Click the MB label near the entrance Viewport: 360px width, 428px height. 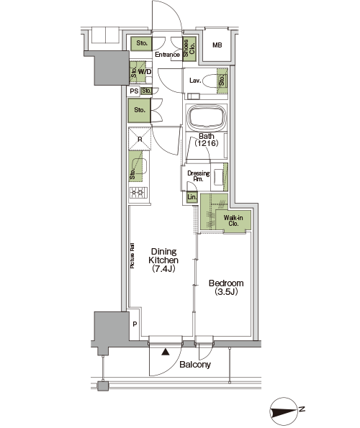pyautogui.click(x=217, y=45)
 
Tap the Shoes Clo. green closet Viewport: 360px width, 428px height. pyautogui.click(x=189, y=49)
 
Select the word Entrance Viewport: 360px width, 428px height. pyautogui.click(x=167, y=55)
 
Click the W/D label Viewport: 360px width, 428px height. pyautogui.click(x=145, y=72)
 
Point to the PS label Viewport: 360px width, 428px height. pyautogui.click(x=134, y=91)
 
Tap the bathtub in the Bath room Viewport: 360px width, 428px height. pyautogui.click(x=207, y=118)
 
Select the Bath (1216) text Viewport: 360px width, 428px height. pyautogui.click(x=206, y=140)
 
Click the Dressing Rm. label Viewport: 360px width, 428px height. pyautogui.click(x=198, y=176)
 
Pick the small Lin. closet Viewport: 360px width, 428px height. pyautogui.click(x=192, y=197)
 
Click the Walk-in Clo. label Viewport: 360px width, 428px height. pyautogui.click(x=233, y=221)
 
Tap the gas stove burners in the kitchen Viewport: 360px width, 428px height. pyautogui.click(x=138, y=193)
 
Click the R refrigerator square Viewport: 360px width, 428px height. pyautogui.click(x=140, y=139)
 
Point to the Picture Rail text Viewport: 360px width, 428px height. pyautogui.click(x=132, y=255)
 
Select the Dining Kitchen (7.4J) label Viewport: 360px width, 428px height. pyautogui.click(x=163, y=260)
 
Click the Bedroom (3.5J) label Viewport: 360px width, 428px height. pyautogui.click(x=226, y=287)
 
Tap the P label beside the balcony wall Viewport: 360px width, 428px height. pyautogui.click(x=135, y=324)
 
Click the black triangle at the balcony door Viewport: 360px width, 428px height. pyautogui.click(x=166, y=352)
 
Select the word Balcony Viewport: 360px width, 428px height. pyautogui.click(x=195, y=365)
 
